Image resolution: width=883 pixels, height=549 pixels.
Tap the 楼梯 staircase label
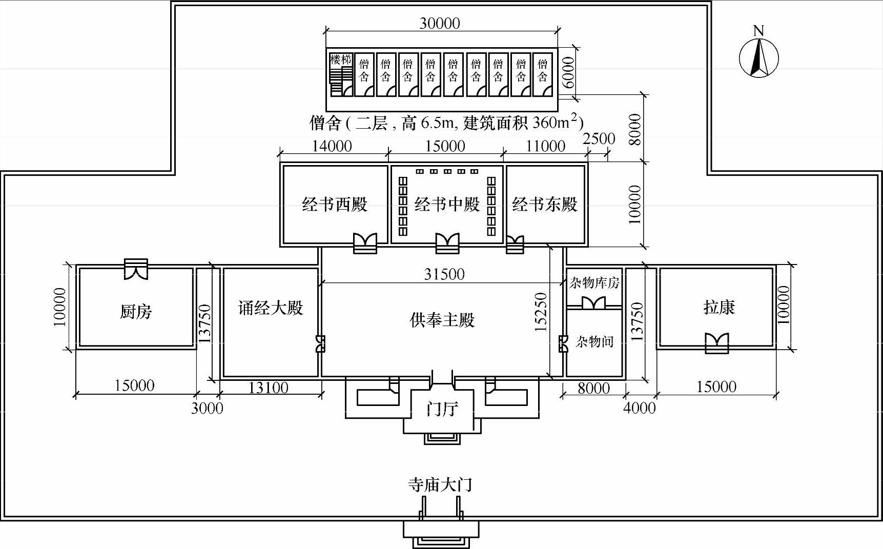341,59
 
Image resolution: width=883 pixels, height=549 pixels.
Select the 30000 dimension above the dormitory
440,23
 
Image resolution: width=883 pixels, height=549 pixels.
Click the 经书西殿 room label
335,205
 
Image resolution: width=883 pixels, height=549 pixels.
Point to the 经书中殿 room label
447,205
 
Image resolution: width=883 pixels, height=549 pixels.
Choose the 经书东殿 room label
545,205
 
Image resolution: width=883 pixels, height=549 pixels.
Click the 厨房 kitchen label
136,311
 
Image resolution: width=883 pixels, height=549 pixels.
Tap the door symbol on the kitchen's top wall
136,269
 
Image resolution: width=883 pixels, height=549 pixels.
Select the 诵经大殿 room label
271,308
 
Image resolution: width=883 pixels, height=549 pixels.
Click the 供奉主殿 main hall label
442,320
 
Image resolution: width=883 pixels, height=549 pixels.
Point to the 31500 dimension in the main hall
444,274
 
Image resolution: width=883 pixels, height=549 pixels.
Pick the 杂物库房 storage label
594,282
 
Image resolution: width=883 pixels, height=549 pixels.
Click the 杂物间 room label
594,341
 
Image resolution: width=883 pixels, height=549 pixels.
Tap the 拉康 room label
719,308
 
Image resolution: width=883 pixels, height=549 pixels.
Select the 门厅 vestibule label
442,409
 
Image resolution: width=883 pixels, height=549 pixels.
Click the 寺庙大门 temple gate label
440,484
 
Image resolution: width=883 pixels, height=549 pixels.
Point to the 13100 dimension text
268,388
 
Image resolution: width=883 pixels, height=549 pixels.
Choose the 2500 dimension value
599,138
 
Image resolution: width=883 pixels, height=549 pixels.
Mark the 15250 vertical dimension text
541,312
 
